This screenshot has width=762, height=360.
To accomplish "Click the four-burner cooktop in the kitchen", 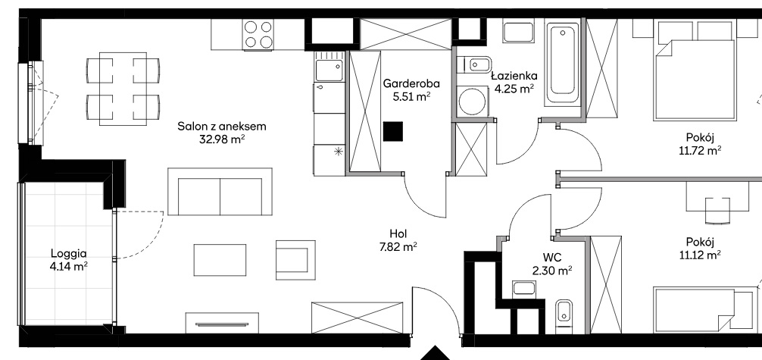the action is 258,35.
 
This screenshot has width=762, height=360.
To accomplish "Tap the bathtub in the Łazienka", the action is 562,62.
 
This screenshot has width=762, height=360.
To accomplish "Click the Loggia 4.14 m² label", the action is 69,259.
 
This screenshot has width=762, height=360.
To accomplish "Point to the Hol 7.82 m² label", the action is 398,239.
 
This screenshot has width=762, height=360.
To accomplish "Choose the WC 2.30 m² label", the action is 552,263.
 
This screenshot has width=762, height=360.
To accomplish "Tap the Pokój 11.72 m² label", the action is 700,143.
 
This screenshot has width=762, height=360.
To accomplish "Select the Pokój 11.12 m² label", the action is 700,248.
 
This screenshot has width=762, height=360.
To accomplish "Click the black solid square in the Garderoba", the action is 392,131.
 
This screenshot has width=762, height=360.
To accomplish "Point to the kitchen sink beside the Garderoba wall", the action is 329,67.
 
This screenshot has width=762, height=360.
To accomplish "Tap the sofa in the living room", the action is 220,192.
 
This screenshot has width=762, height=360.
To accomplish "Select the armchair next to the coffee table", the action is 295,260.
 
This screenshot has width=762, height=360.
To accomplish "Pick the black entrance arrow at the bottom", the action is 436,353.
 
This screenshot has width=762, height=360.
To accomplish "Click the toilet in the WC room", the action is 564,315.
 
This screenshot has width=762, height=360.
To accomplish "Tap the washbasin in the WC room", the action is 524,289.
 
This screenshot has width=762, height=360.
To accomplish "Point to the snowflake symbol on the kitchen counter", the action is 339,152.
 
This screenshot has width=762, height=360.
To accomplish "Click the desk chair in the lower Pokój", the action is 717,211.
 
